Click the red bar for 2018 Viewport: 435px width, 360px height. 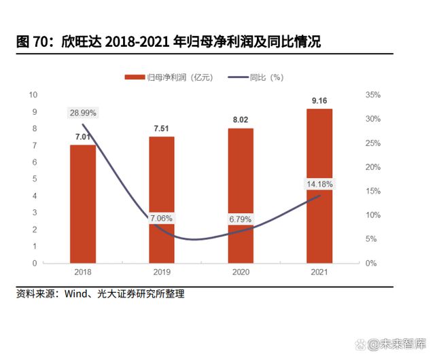[x=83, y=203]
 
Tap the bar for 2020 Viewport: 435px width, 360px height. [x=241, y=195]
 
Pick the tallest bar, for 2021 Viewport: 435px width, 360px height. [x=319, y=185]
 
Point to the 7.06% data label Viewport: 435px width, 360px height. [x=161, y=218]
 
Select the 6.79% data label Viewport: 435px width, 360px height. [x=240, y=219]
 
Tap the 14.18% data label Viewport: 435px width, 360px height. [x=319, y=183]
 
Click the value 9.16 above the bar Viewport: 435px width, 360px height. [x=319, y=101]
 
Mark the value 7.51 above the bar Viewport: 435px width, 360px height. [x=162, y=129]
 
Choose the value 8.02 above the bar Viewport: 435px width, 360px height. [x=241, y=120]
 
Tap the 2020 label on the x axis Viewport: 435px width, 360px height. [x=241, y=272]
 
